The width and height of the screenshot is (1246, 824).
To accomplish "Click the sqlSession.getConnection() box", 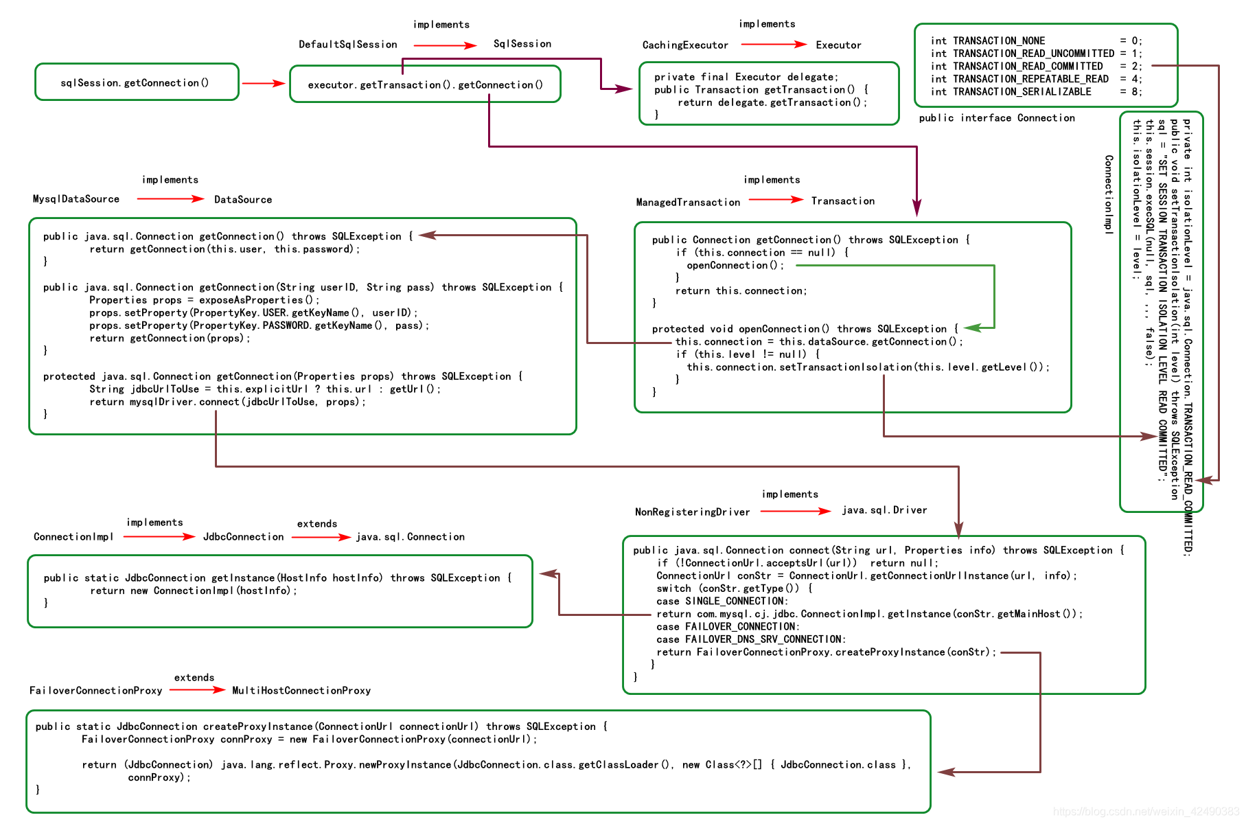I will click(x=136, y=82).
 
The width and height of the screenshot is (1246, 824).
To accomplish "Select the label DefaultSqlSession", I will click(x=347, y=45).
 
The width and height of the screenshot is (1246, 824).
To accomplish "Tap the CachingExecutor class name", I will click(x=684, y=45).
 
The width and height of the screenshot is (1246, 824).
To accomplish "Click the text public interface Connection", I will click(x=996, y=118).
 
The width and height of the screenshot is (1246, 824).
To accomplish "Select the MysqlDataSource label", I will click(x=76, y=199).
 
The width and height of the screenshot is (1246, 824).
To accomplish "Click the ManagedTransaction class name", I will click(x=687, y=203).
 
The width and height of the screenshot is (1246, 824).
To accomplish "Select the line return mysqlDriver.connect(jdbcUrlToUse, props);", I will click(x=227, y=402).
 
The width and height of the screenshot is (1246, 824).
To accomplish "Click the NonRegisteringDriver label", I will click(x=692, y=512).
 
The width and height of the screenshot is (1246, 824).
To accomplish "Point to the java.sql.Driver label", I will click(x=884, y=510).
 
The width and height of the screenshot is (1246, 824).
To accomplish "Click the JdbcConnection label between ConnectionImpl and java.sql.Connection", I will click(x=243, y=537).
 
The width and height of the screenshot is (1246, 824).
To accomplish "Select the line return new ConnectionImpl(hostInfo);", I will click(x=193, y=591).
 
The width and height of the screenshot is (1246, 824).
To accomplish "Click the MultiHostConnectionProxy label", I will click(x=301, y=691).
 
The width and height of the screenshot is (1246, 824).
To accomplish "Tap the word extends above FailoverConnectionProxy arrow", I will click(x=194, y=678).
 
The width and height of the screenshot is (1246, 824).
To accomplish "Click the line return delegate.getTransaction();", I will click(x=772, y=103).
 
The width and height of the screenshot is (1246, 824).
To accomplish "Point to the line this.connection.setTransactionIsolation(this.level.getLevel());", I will click(x=867, y=367).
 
